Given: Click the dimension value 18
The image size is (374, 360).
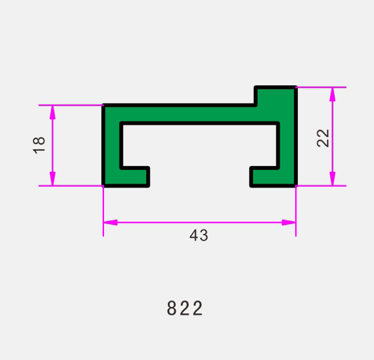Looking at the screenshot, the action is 39,145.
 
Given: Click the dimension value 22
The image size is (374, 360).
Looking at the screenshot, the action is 323,138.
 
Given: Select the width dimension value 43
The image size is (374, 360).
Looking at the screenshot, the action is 199,235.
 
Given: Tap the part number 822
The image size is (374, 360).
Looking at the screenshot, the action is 185,308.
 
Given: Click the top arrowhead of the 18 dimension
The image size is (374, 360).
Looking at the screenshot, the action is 52,112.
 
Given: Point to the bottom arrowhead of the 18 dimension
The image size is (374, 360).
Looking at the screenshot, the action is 52,178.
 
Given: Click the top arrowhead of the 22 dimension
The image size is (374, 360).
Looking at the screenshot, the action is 332,94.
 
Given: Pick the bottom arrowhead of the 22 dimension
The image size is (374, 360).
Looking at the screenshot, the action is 332,178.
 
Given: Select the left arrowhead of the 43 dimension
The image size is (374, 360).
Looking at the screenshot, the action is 110,222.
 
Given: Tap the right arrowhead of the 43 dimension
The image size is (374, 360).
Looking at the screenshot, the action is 289,222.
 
